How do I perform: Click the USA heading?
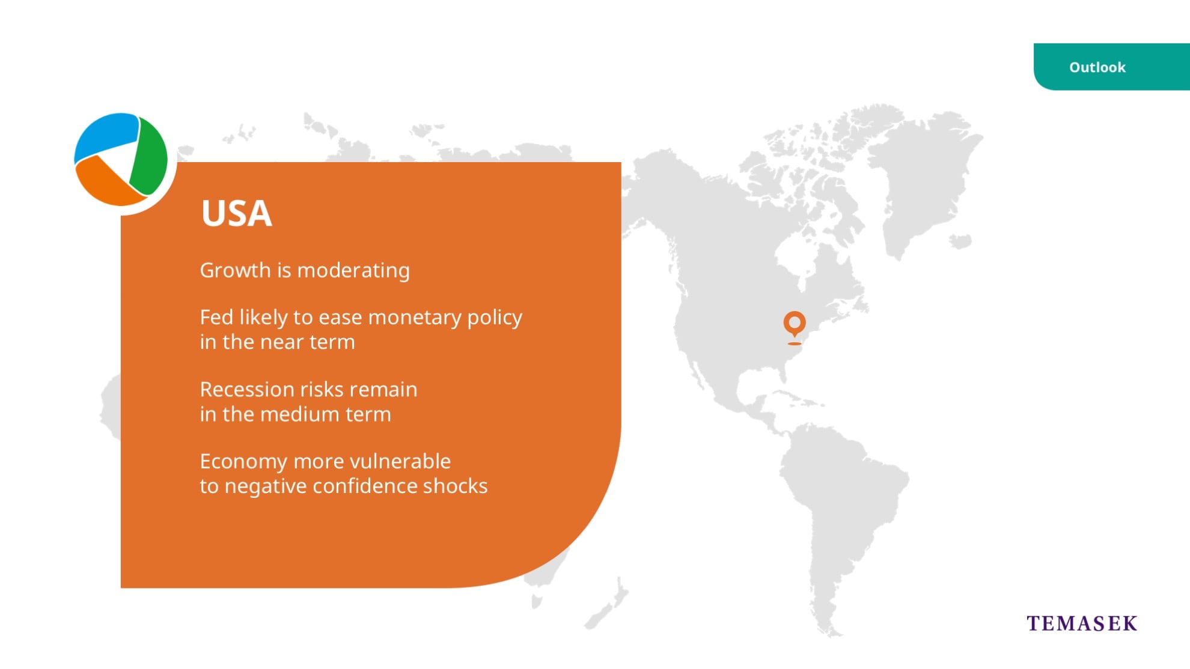point(237,213)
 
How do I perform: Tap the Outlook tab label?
point(1097,67)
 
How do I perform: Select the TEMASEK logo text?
point(1082,623)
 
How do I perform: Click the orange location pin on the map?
point(795,325)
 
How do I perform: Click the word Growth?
point(236,271)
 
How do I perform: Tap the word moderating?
point(353,271)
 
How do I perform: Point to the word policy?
point(495,318)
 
